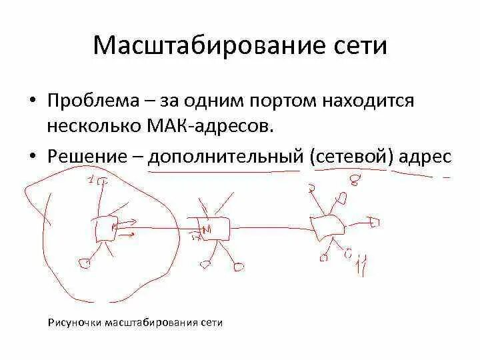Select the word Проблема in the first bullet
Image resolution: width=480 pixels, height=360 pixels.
[94, 101]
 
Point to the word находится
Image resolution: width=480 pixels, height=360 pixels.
[369, 101]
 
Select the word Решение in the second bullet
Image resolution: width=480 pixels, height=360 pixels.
[88, 156]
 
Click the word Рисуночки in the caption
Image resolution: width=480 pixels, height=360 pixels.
[74, 323]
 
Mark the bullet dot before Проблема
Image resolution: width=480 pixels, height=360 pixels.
[31, 102]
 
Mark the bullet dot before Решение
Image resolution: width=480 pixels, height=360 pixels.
[31, 157]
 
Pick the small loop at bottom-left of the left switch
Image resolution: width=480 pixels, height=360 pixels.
[83, 262]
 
